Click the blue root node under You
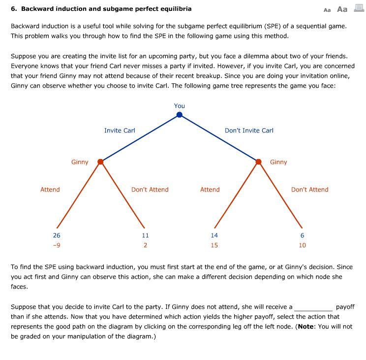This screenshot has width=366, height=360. [x=180, y=115]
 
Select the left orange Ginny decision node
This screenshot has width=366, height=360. [x=100, y=162]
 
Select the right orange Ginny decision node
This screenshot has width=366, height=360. [x=258, y=162]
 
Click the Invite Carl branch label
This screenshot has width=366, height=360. [x=120, y=131]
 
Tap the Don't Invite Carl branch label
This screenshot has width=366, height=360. [x=249, y=131]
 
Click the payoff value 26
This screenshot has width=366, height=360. [x=57, y=236]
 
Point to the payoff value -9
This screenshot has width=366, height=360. [x=57, y=245]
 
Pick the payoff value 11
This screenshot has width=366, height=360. [x=145, y=236]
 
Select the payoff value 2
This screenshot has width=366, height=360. [x=145, y=245]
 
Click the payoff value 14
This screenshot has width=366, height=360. [x=214, y=236]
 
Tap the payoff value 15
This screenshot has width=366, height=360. [x=214, y=245]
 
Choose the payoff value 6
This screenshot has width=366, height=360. [x=302, y=236]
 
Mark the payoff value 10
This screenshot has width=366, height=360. [x=302, y=245]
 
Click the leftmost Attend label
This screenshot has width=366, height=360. [x=50, y=190]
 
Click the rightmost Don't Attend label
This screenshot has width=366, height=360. [x=309, y=190]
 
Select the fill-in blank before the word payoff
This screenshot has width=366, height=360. [x=313, y=307]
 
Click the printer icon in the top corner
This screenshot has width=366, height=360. [x=359, y=8]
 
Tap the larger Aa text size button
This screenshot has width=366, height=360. [x=342, y=9]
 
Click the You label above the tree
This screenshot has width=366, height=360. [x=180, y=106]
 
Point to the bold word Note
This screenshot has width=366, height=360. [x=306, y=327]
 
